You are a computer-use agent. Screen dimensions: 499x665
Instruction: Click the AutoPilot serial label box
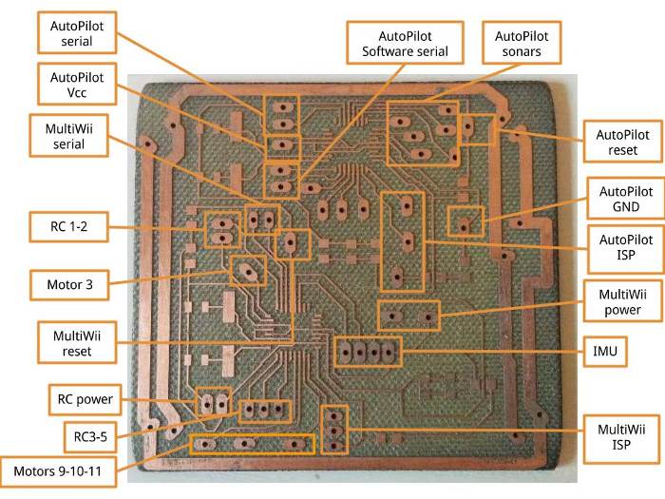click(x=77, y=33)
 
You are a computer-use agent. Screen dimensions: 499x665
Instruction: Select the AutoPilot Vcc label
click(x=77, y=86)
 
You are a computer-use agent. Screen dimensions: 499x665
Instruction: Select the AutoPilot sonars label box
click(x=522, y=42)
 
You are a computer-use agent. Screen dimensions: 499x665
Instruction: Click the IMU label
click(x=605, y=353)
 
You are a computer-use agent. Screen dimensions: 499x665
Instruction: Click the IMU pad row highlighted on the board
click(x=366, y=352)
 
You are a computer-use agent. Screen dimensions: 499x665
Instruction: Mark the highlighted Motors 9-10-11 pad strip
click(x=252, y=444)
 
